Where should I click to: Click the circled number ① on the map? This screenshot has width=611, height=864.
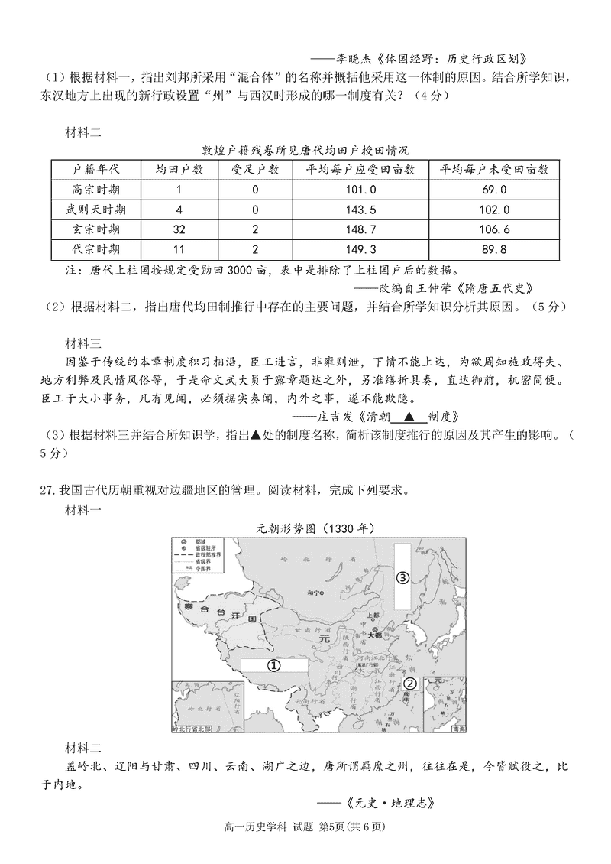tap(272, 665)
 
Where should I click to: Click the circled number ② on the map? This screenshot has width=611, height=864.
tap(409, 684)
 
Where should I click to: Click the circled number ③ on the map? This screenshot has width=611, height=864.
tap(402, 577)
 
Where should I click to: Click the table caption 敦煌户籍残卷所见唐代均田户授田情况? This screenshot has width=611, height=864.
tap(305, 150)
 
